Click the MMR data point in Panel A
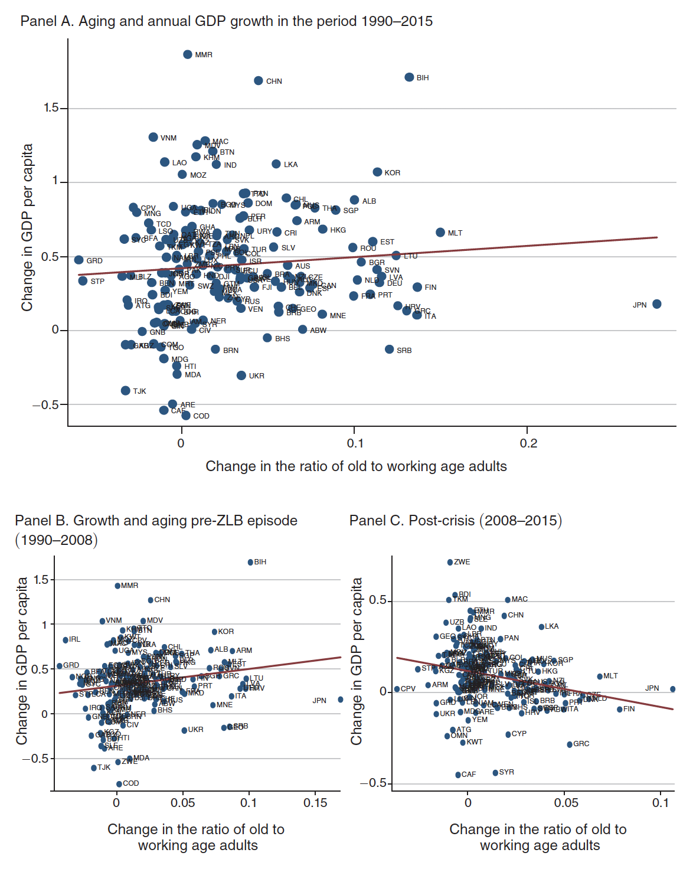click(x=188, y=54)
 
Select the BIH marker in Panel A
click(x=409, y=77)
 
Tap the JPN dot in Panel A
click(x=657, y=304)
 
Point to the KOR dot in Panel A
click(x=377, y=172)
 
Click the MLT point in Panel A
click(x=440, y=233)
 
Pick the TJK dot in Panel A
click(x=125, y=391)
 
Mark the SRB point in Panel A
click(x=389, y=349)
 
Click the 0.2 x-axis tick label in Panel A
click(x=528, y=443)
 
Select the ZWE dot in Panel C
click(x=450, y=562)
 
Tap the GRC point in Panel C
click(x=570, y=744)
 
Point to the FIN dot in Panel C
click(x=620, y=709)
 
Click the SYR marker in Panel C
click(x=495, y=773)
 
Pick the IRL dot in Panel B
click(x=66, y=640)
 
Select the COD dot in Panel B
click(x=119, y=784)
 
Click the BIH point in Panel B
click(x=250, y=562)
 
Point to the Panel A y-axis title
click(x=27, y=227)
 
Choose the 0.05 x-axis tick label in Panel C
click(x=566, y=803)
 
